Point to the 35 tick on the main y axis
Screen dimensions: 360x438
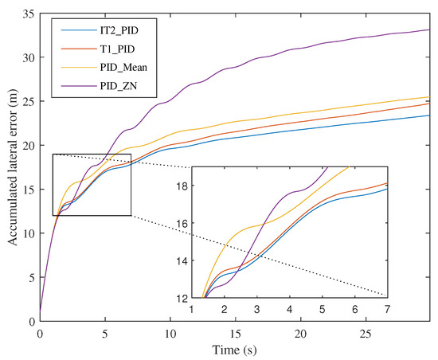pyautogui.click(x=28, y=14)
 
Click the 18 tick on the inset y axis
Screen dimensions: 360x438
pyautogui.click(x=180, y=186)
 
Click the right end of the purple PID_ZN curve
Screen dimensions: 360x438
pyautogui.click(x=430, y=29)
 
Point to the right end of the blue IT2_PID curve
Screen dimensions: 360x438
pyautogui.click(x=430, y=115)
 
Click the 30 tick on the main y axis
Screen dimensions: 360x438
pyautogui.click(x=28, y=58)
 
